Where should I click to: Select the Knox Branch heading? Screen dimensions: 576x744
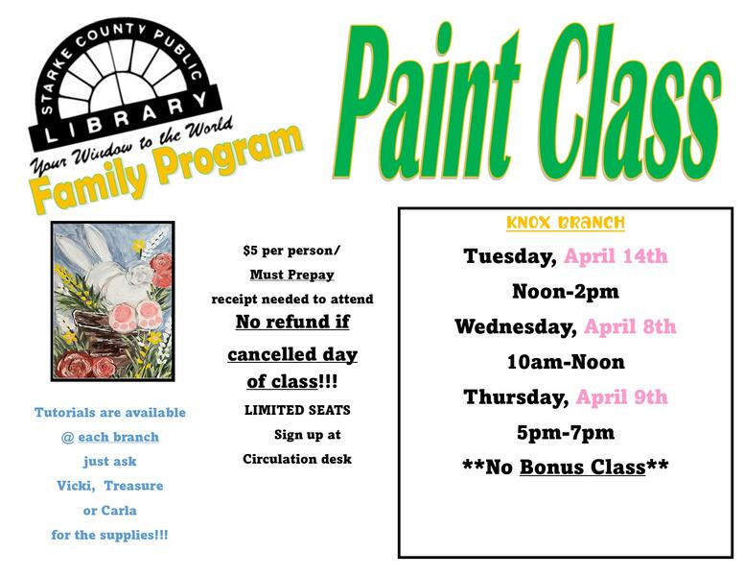pos(565,223)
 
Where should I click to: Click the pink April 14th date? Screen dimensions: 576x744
pos(616,256)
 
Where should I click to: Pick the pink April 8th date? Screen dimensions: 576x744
pos(630,326)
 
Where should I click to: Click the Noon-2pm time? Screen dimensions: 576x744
pos(565,291)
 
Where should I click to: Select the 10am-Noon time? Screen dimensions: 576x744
pos(565,362)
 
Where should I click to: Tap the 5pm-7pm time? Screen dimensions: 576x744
pos(565,432)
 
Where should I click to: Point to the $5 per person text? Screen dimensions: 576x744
pos(291,252)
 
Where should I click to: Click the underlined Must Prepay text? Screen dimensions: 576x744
pos(291,275)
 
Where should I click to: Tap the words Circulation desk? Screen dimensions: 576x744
pos(297,459)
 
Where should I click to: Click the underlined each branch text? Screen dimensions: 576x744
pos(118,437)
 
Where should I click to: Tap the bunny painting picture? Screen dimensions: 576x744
pos(112,300)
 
